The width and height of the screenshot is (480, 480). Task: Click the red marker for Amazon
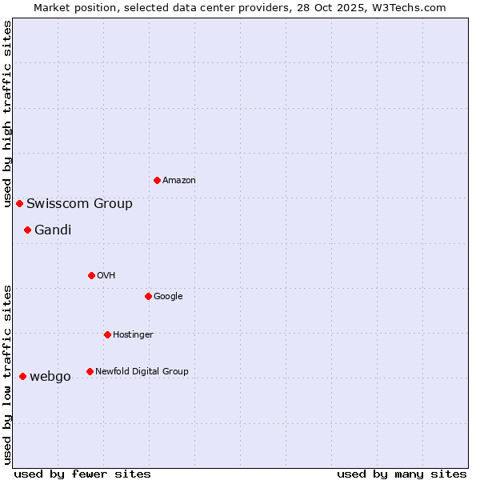(157, 180)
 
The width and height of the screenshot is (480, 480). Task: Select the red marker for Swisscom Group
(19, 203)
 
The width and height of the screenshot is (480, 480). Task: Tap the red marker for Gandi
(27, 230)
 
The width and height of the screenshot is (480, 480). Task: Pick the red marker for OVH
(91, 275)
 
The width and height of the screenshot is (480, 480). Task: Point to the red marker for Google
(148, 296)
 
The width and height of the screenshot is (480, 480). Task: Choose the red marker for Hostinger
(107, 334)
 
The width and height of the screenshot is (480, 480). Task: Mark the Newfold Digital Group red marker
(90, 371)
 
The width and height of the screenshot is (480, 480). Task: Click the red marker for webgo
(22, 376)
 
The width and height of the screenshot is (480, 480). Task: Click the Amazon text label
(179, 180)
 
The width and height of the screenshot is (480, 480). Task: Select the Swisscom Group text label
(79, 203)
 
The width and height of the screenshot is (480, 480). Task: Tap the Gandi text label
(53, 230)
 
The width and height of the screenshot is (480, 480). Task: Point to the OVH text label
(106, 275)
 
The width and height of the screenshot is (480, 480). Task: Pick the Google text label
(168, 296)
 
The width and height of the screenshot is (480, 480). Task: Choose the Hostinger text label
(133, 334)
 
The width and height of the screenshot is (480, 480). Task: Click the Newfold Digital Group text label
(142, 371)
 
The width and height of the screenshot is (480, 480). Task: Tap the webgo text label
(50, 376)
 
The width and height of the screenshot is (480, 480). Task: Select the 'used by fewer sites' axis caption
(82, 474)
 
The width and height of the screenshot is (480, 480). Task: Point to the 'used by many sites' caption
(402, 474)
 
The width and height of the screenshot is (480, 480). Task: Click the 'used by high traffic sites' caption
(8, 114)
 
